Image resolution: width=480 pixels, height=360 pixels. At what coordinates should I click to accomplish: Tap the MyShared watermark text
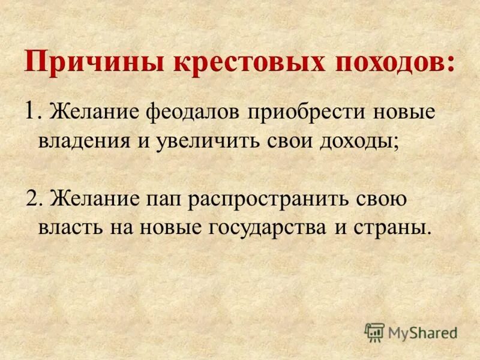coord(422,332)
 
